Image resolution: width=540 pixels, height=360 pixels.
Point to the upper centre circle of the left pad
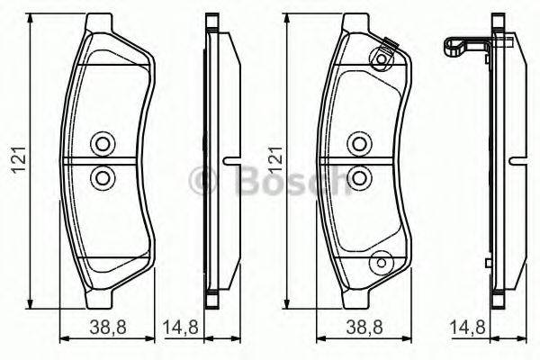[101, 144]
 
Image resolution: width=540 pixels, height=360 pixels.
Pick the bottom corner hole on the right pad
[381, 262]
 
